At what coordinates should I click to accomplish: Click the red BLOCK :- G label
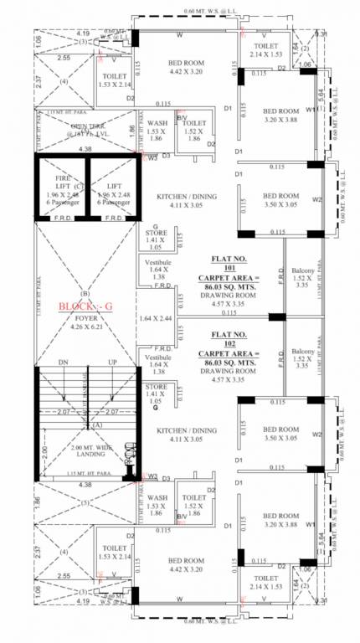click(85, 306)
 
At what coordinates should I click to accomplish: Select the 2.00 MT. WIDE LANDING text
click(83, 452)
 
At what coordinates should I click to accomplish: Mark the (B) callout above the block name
click(84, 294)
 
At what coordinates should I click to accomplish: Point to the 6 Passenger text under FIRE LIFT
click(63, 202)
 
